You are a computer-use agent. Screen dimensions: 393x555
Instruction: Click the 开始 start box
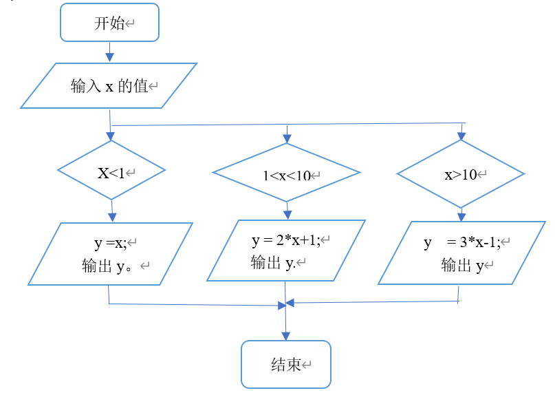[110, 23]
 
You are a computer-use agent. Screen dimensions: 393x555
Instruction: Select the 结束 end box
[285, 364]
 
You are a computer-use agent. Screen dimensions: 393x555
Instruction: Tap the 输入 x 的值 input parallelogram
[109, 86]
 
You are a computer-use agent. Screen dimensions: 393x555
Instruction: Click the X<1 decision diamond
[111, 171]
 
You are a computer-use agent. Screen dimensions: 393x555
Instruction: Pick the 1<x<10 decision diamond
[286, 173]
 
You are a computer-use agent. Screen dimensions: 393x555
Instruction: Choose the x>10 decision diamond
[461, 174]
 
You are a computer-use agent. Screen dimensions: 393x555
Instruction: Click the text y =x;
[111, 242]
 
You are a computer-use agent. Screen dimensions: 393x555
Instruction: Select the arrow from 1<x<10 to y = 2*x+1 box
[287, 210]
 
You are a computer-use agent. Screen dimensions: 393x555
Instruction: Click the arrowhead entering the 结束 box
[286, 335]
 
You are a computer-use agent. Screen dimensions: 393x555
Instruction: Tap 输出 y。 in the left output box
[110, 265]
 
